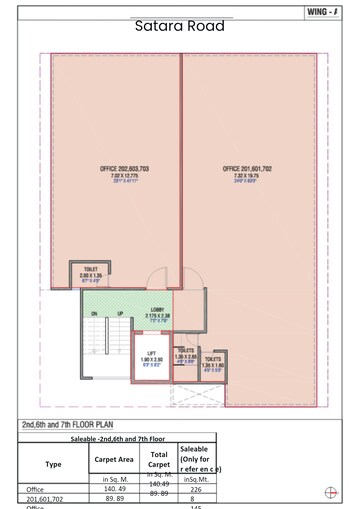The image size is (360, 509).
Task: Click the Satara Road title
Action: click(180, 27)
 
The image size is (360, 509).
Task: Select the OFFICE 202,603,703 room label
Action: click(125, 169)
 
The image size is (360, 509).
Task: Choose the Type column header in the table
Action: click(53, 464)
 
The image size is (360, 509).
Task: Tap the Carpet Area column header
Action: click(112, 460)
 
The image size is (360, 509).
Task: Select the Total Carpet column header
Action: click(159, 460)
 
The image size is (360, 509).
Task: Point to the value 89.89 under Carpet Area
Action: click(112, 497)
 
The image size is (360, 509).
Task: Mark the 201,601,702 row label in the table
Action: click(45, 497)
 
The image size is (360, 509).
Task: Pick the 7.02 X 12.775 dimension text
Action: click(125, 177)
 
